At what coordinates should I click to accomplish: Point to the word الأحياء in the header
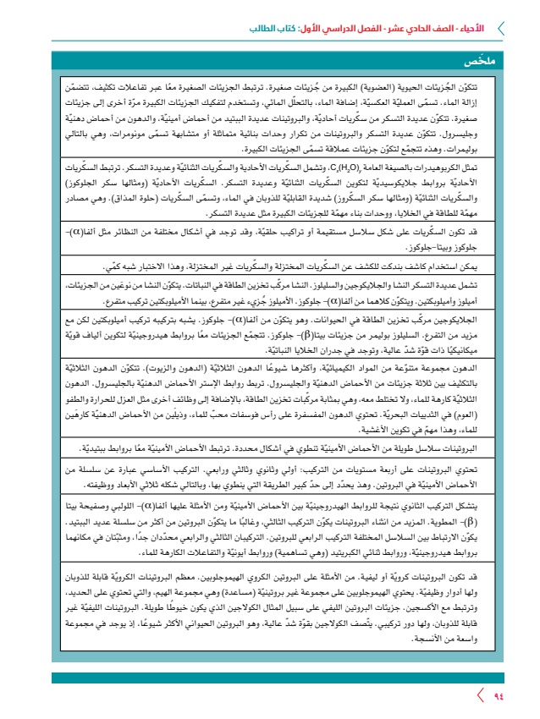(475, 27)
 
